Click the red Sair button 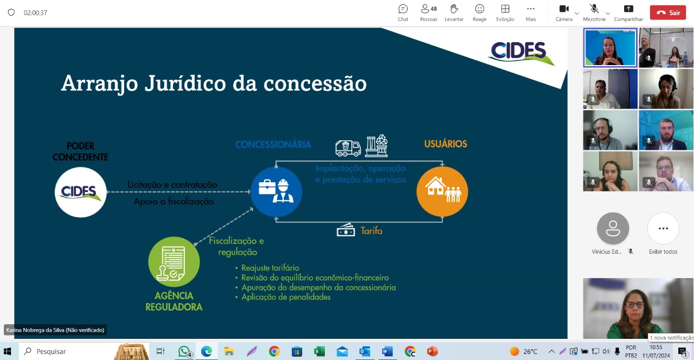click(x=667, y=12)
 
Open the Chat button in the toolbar click(x=403, y=12)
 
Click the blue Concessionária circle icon click(x=276, y=191)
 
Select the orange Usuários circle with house click(x=442, y=191)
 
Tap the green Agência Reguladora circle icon click(x=174, y=262)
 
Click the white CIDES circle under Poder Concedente click(x=81, y=192)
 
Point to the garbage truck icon click(x=348, y=148)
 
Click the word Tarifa click(x=371, y=231)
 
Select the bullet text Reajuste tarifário click(x=270, y=268)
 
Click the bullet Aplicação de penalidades click(x=286, y=297)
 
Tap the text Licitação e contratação click(x=172, y=185)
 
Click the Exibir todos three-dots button click(x=663, y=229)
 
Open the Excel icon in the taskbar click(x=319, y=351)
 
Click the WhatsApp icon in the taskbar click(x=184, y=351)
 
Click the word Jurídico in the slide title click(x=185, y=83)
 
